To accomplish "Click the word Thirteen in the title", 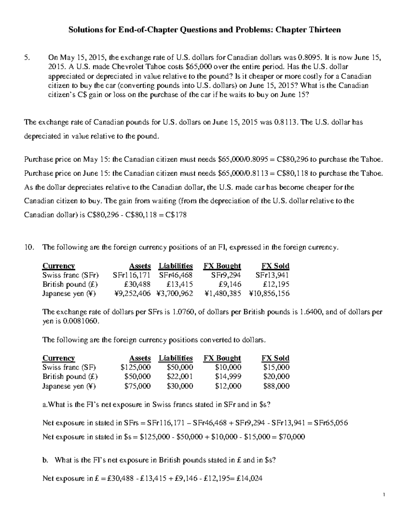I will pos(325,30).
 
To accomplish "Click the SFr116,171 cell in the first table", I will pos(132,275).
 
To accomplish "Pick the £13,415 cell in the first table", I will pos(180,284).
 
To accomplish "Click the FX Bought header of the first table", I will pos(222,266).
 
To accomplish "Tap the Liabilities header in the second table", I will pos(176,358).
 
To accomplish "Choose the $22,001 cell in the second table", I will pos(180,376).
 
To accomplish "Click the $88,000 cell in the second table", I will pos(276,386).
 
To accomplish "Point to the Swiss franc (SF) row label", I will pos(69,367).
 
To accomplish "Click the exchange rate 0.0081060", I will pos(81,321).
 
